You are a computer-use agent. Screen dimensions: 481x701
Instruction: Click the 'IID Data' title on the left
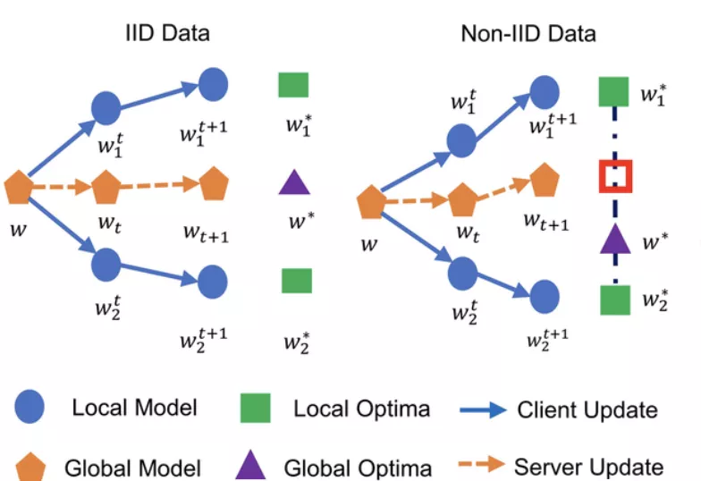(x=167, y=34)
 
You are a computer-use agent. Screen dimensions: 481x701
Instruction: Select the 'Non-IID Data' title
(x=528, y=34)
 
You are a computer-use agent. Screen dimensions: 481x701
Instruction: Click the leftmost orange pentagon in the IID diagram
(x=20, y=189)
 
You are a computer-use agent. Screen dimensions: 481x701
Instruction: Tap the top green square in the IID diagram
(x=293, y=85)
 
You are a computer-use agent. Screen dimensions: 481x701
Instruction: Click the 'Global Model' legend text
(x=133, y=468)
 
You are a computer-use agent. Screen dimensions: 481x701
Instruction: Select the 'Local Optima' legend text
(x=361, y=409)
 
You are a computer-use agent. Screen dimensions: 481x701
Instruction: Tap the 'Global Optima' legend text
(x=358, y=468)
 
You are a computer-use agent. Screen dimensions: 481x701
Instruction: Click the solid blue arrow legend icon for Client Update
(x=484, y=410)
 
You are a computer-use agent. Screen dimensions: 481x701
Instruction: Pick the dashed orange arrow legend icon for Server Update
(x=484, y=466)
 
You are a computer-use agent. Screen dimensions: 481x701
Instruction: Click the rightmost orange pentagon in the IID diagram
(x=215, y=184)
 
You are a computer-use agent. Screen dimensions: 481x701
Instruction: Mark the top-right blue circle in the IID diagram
(x=213, y=84)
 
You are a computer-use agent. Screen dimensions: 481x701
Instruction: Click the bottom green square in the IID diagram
(x=297, y=280)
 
